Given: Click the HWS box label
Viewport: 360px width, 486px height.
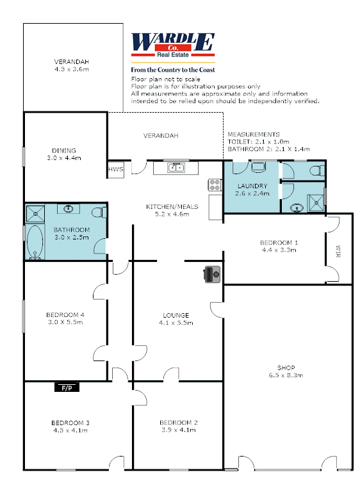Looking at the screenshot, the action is click(x=116, y=169).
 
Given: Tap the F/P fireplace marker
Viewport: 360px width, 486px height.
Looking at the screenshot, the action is click(x=67, y=387).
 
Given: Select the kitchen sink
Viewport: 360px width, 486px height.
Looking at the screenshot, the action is click(x=176, y=168).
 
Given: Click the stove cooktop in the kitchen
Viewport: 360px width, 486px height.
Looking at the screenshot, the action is click(x=215, y=184).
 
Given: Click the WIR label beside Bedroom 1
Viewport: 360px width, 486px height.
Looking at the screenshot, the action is click(x=338, y=251).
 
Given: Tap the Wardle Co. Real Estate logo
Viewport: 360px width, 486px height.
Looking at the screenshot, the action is click(x=173, y=45).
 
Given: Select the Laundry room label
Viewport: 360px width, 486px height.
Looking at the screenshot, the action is click(x=252, y=186).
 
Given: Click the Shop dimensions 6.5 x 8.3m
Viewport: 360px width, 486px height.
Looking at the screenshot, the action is click(x=286, y=375).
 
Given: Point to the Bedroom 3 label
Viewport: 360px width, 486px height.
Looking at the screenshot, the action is click(x=70, y=423).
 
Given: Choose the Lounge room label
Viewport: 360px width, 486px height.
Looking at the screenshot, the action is click(x=176, y=315).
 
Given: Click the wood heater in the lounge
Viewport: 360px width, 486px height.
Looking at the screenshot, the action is click(x=213, y=274).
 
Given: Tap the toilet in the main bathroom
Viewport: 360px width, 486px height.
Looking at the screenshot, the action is click(x=99, y=213).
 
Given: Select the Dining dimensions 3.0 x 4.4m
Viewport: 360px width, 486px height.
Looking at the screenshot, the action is click(x=64, y=158).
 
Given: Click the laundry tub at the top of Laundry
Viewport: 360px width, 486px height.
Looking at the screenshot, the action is click(x=259, y=166).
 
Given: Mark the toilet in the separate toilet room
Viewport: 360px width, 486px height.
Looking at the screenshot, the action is click(x=318, y=170).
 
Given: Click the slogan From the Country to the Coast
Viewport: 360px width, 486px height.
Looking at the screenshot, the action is click(x=173, y=70).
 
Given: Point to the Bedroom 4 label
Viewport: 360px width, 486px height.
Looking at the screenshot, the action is click(x=65, y=315).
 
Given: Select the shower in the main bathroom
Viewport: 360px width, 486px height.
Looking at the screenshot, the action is click(x=35, y=214).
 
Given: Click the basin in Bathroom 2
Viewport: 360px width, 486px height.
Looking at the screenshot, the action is click(x=297, y=207).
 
